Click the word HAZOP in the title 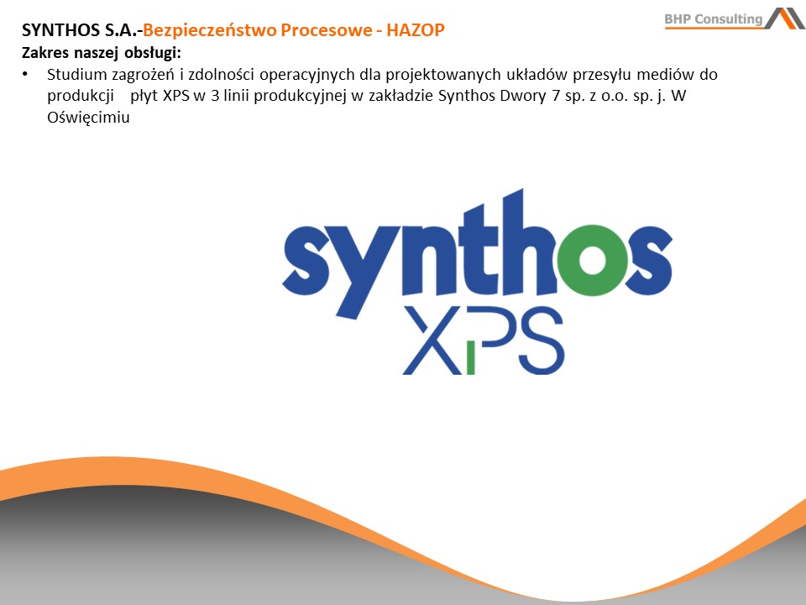pyautogui.click(x=416, y=30)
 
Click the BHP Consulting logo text pyautogui.click(x=714, y=19)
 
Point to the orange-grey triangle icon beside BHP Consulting pyautogui.click(x=784, y=18)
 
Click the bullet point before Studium pyautogui.click(x=24, y=75)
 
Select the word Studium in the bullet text pyautogui.click(x=77, y=75)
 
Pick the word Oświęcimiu pyautogui.click(x=88, y=118)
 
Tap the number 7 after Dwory pyautogui.click(x=555, y=96)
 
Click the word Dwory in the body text pyautogui.click(x=519, y=97)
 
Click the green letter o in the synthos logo pyautogui.click(x=593, y=260)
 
